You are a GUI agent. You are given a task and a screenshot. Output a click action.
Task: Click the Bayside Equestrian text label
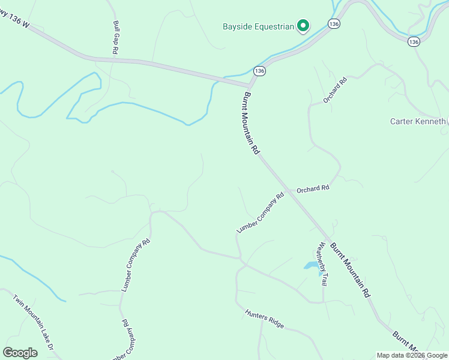[x=258, y=26]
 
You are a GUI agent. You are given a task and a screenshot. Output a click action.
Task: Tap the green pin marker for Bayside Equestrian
[x=304, y=26]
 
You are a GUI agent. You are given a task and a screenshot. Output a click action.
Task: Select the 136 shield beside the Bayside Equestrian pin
[x=334, y=23]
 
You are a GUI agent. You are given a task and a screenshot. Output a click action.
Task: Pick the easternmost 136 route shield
[x=413, y=41]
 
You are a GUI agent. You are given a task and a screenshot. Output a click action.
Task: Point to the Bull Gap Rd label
[x=115, y=38]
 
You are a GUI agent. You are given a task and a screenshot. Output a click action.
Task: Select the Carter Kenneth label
[x=418, y=121]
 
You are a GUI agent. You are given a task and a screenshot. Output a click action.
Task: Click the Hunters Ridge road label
[x=264, y=318]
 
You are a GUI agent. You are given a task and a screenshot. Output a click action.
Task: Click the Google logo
[x=20, y=353]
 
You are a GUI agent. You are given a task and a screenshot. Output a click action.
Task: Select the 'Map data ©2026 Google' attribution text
[x=411, y=355]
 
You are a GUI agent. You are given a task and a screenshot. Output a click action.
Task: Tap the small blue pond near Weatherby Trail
[x=311, y=265]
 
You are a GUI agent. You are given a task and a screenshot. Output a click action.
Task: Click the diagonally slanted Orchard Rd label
[x=335, y=90]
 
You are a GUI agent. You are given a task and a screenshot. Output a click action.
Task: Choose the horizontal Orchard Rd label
[x=313, y=188]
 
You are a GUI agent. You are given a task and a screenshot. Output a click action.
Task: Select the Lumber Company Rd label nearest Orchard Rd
[x=260, y=213]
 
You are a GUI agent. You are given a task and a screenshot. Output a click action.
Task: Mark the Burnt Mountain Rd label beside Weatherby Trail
[x=349, y=271]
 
